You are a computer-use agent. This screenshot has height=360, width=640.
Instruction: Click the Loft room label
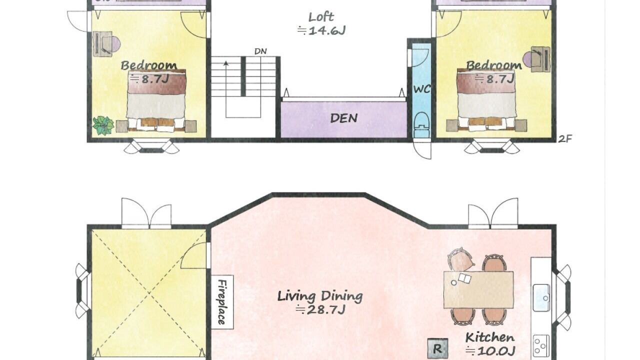tap(321, 17)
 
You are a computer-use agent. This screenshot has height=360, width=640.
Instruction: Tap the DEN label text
tap(343, 118)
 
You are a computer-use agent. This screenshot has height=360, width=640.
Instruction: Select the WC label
tap(422, 89)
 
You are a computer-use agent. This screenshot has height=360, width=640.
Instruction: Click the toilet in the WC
tap(421, 124)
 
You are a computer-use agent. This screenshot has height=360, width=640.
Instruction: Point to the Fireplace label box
tap(222, 302)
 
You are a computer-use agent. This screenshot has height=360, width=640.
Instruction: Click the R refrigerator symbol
tap(437, 348)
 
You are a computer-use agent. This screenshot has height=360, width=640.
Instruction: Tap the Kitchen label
tap(490, 337)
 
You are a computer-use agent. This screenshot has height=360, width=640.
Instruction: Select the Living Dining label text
tap(320, 296)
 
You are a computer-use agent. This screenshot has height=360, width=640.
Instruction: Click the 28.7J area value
tap(321, 310)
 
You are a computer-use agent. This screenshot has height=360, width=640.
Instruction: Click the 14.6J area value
tap(321, 30)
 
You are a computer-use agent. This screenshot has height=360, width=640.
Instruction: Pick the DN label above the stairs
tap(260, 51)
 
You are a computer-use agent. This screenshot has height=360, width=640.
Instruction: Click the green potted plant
tap(103, 125)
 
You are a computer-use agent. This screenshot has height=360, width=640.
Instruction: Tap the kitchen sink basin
tap(541, 297)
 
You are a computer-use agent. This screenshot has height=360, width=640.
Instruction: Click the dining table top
tap(478, 289)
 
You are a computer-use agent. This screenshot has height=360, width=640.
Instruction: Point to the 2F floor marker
tap(565, 139)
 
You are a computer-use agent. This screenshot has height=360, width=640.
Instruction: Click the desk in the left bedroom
tap(102, 44)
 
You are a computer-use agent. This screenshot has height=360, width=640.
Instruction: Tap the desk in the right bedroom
tap(540, 59)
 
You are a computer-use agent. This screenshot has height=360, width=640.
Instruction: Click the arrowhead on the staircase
tap(226, 63)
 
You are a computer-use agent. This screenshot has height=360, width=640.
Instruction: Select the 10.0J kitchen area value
tap(490, 351)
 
